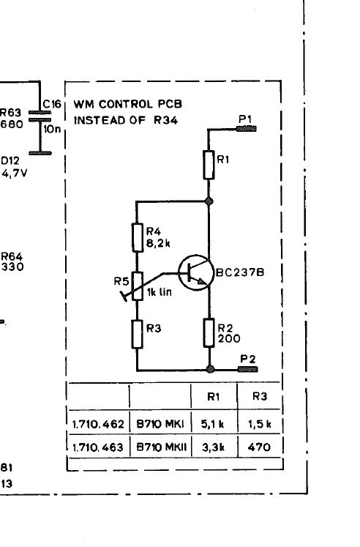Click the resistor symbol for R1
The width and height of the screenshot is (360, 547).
[209, 165]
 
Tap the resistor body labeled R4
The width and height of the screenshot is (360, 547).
[138, 237]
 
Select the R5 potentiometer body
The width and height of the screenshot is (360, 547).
[138, 286]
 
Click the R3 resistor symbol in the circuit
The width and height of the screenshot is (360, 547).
[138, 334]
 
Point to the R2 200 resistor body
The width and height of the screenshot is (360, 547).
[209, 332]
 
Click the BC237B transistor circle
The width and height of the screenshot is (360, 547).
[195, 273]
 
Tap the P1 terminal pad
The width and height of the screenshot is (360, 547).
[247, 129]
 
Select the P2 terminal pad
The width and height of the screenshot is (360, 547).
[248, 369]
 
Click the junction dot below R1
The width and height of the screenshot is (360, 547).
[209, 201]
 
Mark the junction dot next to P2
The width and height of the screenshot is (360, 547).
[210, 369]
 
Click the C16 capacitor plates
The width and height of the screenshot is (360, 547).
[40, 116]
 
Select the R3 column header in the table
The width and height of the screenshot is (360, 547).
[260, 396]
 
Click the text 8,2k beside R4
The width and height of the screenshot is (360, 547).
[158, 243]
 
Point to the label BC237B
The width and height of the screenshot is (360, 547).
[240, 272]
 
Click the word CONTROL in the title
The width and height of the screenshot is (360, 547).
[126, 104]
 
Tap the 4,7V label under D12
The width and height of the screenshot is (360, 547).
[14, 173]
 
